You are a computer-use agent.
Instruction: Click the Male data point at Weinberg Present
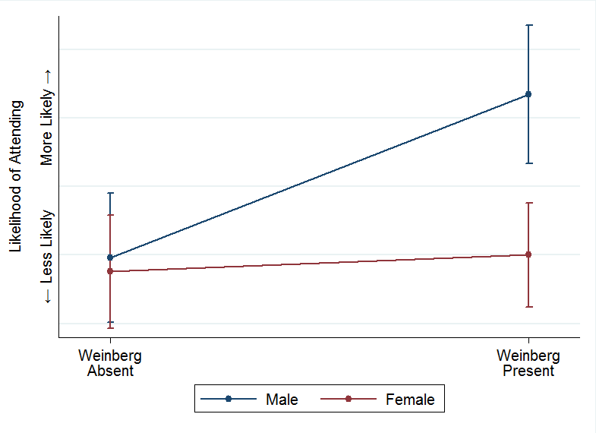click(528, 94)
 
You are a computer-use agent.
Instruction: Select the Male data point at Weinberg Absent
click(110, 258)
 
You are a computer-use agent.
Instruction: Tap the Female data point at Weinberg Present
click(528, 254)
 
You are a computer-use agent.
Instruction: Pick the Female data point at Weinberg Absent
click(110, 271)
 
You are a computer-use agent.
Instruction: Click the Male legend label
click(282, 400)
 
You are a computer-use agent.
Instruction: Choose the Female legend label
click(410, 400)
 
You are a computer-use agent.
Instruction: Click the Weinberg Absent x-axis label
click(110, 363)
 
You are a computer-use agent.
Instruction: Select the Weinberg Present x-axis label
click(528, 363)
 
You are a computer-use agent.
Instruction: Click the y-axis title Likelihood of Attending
click(15, 175)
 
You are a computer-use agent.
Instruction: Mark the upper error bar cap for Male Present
click(528, 25)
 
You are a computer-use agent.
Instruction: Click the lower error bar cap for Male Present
click(528, 163)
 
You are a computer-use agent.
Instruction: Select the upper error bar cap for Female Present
click(528, 203)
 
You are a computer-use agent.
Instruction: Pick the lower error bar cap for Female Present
click(528, 307)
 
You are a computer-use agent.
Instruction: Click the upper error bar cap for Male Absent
click(110, 193)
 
